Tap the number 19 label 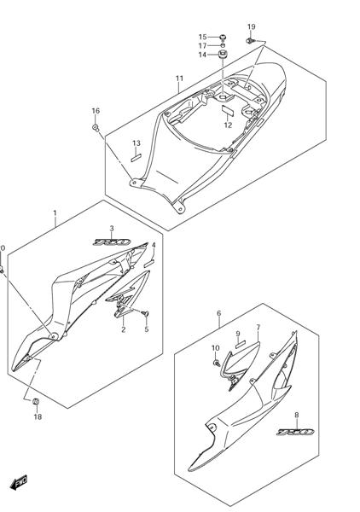tap(252, 27)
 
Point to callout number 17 tap(203, 45)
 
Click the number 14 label tap(203, 55)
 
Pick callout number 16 tap(96, 111)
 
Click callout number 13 tap(136, 143)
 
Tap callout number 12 tap(228, 125)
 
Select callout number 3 tap(111, 228)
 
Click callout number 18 tap(38, 417)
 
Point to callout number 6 tap(219, 313)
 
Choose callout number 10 tap(216, 347)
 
